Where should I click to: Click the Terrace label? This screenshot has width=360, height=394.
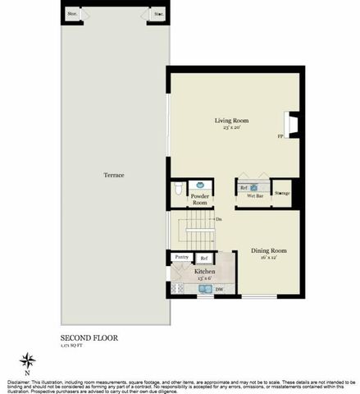click(x=113, y=176)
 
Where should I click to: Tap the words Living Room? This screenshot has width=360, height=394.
click(x=232, y=121)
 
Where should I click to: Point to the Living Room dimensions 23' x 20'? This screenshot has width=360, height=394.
click(x=232, y=128)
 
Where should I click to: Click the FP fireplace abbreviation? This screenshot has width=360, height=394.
click(x=279, y=135)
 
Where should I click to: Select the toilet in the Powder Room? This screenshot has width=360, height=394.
click(x=180, y=190)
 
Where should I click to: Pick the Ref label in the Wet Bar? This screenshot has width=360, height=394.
click(x=244, y=188)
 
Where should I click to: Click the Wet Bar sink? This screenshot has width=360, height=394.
click(x=254, y=188)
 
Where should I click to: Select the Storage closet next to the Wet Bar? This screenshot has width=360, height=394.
click(x=282, y=193)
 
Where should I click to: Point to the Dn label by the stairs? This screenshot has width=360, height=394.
click(x=218, y=219)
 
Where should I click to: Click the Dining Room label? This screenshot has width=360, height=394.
click(x=268, y=250)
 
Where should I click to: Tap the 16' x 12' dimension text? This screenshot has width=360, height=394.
click(x=268, y=258)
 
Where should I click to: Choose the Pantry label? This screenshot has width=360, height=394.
click(x=180, y=258)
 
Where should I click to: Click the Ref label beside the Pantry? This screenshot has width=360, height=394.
click(x=204, y=259)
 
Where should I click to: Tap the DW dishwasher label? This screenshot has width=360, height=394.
click(x=220, y=289)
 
